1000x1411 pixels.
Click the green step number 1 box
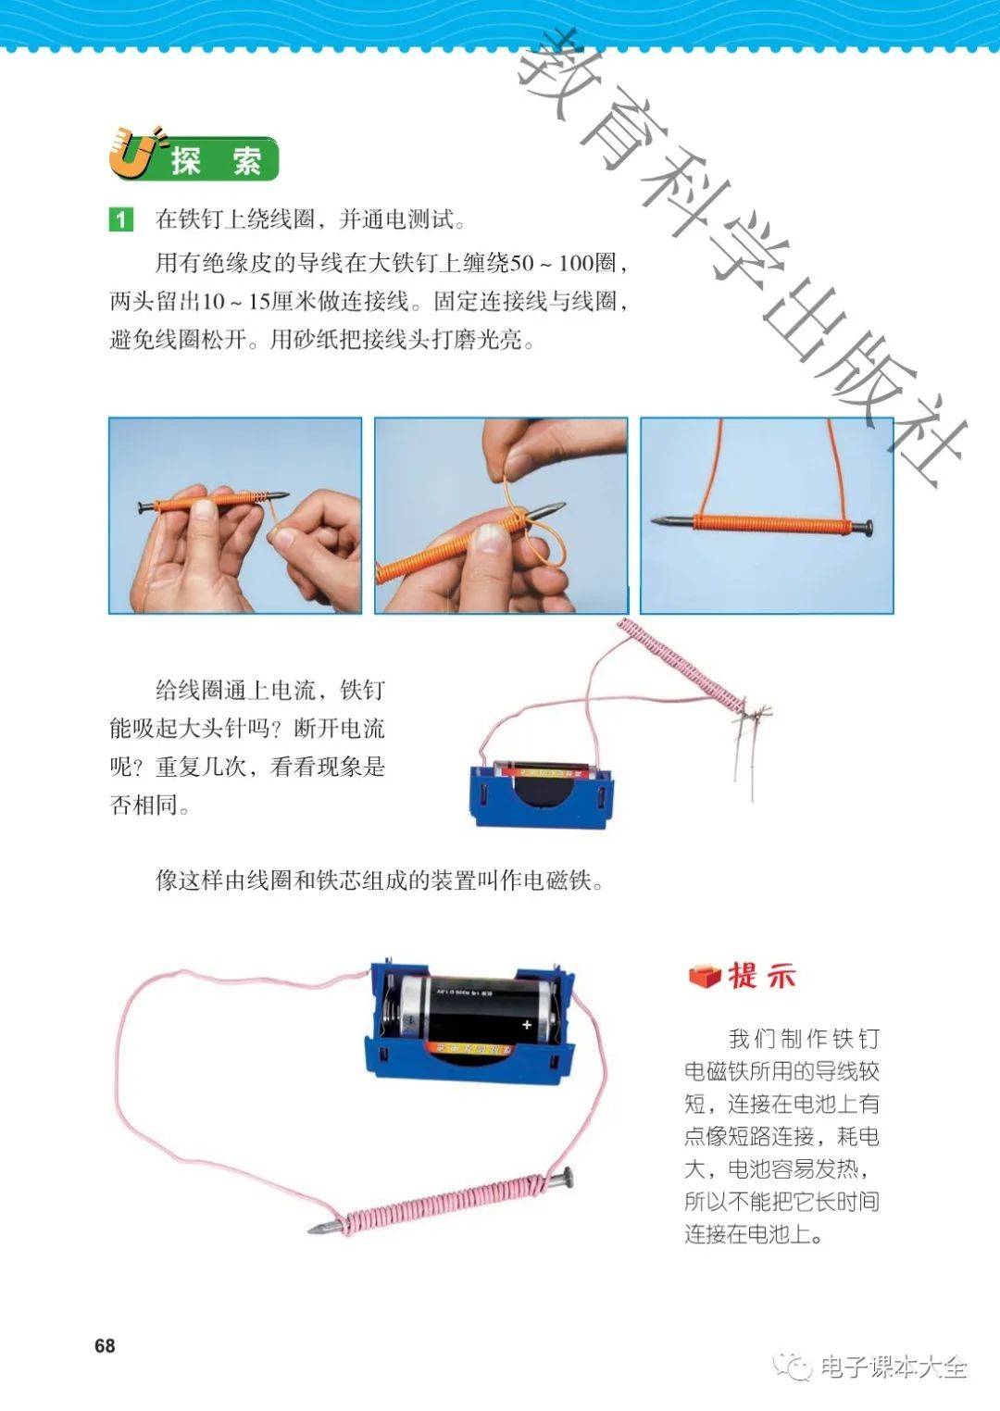[x=121, y=219]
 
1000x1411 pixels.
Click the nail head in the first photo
[x=141, y=506]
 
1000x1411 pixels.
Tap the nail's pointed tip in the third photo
[x=653, y=520]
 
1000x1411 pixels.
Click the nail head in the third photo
[x=869, y=528]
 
